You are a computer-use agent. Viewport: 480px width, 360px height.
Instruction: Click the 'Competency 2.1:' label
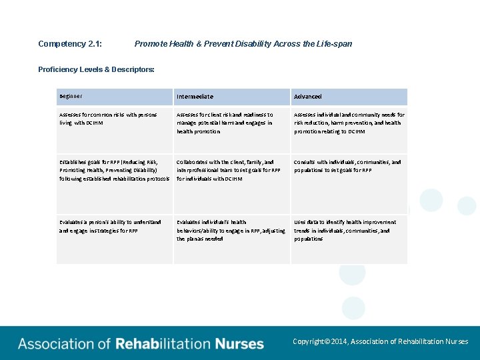(x=70, y=44)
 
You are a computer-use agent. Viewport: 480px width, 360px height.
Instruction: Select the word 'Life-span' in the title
(x=335, y=44)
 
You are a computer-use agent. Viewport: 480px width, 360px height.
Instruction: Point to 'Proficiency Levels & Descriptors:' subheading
(x=96, y=69)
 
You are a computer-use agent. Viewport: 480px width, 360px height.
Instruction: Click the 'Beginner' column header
(x=71, y=97)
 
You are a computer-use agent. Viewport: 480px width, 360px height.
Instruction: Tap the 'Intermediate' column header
(x=195, y=97)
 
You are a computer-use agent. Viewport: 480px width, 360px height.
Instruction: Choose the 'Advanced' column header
(x=308, y=97)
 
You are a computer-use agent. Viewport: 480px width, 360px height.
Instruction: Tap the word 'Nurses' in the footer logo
(x=239, y=344)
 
